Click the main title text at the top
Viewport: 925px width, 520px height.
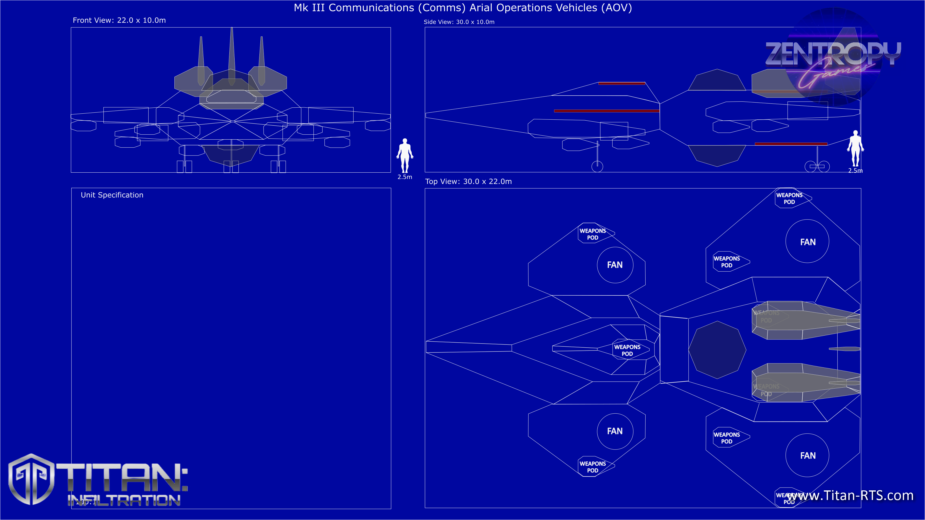coord(462,8)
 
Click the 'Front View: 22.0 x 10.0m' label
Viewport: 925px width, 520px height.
coord(119,20)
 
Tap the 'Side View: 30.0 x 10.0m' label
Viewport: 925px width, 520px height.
coord(459,22)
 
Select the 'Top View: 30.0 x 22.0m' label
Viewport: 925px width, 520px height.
coord(468,182)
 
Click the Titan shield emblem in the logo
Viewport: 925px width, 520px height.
coord(32,479)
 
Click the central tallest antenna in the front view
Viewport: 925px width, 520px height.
coord(231,54)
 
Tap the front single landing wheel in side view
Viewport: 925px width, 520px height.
coord(597,166)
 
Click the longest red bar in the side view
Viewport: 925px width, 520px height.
coord(607,111)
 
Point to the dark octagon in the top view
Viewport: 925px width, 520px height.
coord(717,350)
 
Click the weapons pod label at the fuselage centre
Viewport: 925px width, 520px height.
coord(627,350)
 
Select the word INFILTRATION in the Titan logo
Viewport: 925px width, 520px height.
coord(124,500)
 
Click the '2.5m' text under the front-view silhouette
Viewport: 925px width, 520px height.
coord(405,177)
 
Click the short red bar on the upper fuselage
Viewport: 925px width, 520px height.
coord(621,84)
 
